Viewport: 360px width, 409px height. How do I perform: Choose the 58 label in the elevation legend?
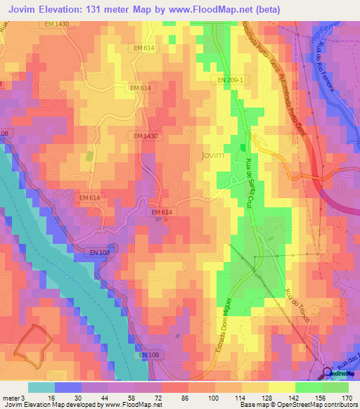(x=127, y=397)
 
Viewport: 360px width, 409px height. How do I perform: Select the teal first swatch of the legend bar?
(x=41, y=387)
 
